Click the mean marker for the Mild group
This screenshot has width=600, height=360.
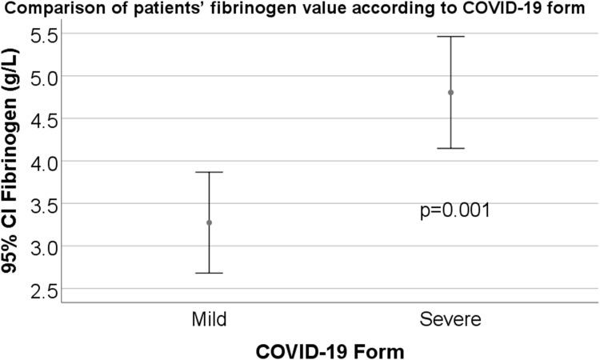click(x=210, y=222)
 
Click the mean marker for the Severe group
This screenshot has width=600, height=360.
click(x=450, y=92)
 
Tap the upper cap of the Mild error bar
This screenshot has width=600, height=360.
click(x=210, y=172)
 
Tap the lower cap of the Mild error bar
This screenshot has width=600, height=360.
click(x=210, y=273)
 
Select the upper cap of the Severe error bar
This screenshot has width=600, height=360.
click(x=450, y=37)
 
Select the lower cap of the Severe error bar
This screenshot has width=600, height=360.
click(x=450, y=148)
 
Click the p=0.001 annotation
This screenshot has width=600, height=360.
click(x=454, y=211)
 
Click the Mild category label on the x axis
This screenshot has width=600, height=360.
click(x=210, y=320)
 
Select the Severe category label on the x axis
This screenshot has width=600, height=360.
click(x=450, y=320)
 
